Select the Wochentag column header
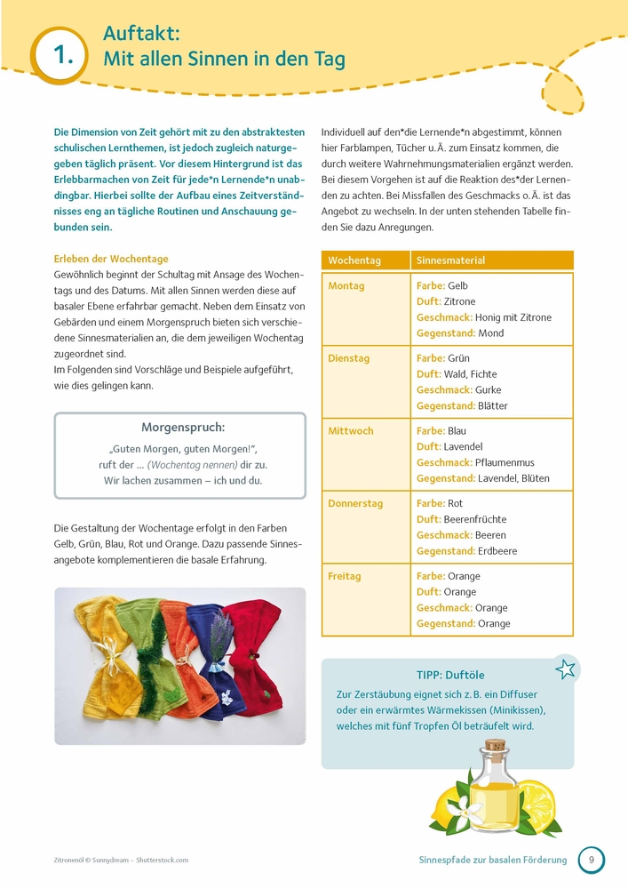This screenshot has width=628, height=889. click(x=354, y=260)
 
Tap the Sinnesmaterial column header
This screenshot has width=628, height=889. click(x=451, y=260)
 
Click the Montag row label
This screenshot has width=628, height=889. click(x=346, y=286)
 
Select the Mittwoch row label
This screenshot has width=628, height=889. click(x=351, y=431)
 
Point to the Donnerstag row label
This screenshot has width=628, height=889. click(x=355, y=503)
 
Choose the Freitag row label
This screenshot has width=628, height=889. click(x=345, y=576)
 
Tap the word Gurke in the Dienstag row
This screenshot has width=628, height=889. click(x=489, y=390)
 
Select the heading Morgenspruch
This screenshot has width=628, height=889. click(x=183, y=428)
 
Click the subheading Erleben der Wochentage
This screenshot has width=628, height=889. click(x=111, y=259)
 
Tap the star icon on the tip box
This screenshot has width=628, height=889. click(x=565, y=669)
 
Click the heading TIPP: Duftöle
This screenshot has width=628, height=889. click(x=450, y=676)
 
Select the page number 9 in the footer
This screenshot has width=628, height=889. click(x=591, y=860)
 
